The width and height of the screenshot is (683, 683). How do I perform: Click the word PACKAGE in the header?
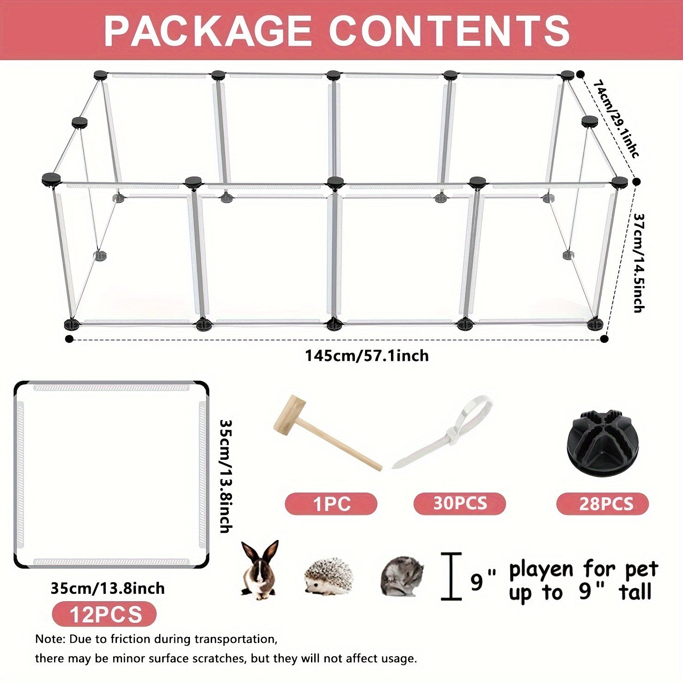tap(207, 30)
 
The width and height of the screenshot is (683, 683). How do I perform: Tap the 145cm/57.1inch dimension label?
tap(366, 356)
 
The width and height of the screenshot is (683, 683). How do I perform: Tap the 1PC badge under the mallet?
tap(331, 504)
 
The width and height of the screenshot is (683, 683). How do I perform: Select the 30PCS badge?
tap(460, 503)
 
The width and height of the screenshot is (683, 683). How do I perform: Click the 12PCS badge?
tap(105, 615)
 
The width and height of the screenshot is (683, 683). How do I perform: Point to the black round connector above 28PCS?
tap(601, 437)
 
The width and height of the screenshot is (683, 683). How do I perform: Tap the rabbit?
tap(260, 570)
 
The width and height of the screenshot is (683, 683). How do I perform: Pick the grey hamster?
tap(402, 576)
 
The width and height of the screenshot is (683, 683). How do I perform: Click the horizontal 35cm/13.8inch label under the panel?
tap(108, 588)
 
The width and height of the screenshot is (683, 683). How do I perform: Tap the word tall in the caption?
tap(636, 592)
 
